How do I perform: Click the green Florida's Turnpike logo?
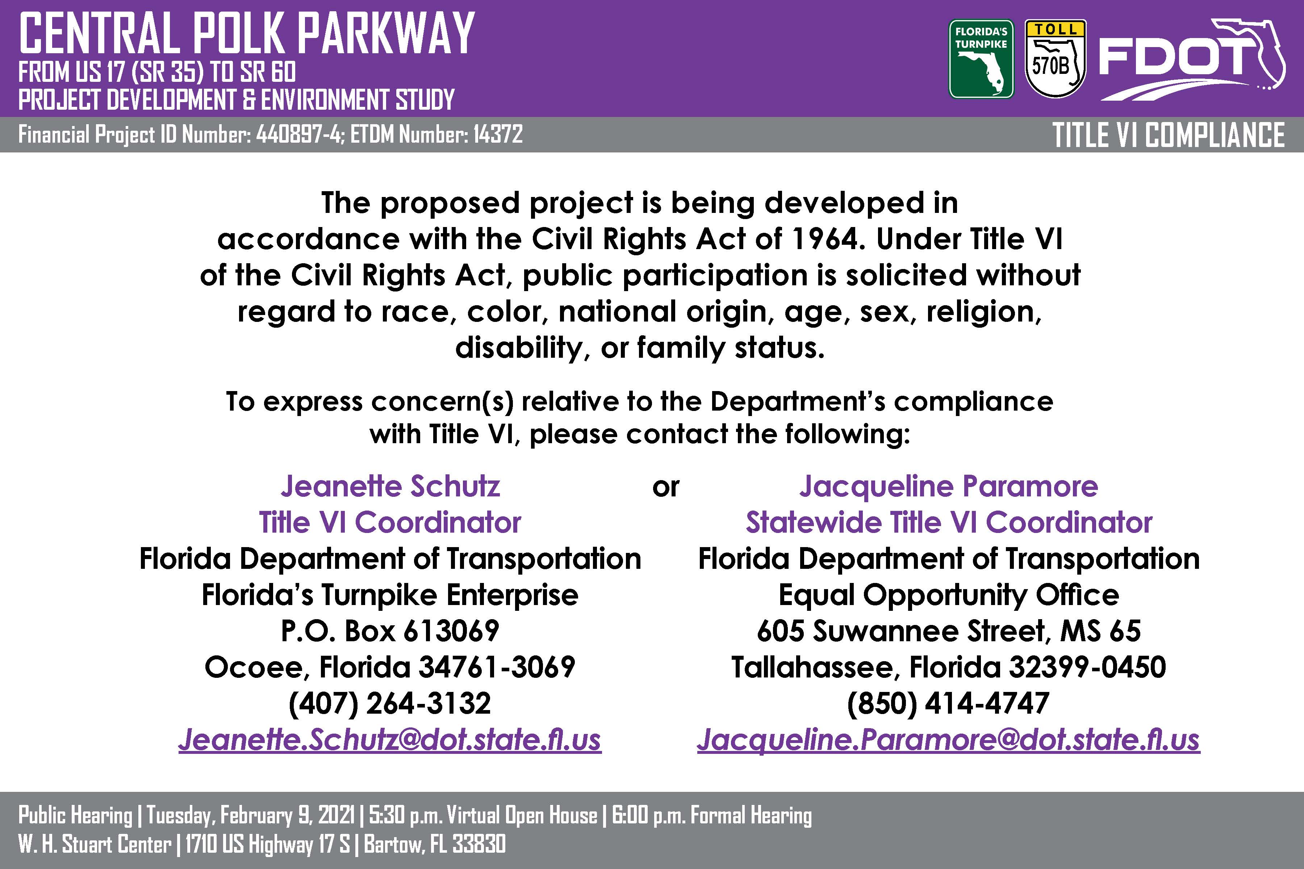(x=981, y=59)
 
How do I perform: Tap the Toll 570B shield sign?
(x=1055, y=59)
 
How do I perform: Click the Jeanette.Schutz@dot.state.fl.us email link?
(x=390, y=739)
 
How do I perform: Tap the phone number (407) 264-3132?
(x=390, y=703)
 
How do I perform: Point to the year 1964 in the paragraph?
(x=825, y=239)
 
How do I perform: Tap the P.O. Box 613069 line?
(x=390, y=631)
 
